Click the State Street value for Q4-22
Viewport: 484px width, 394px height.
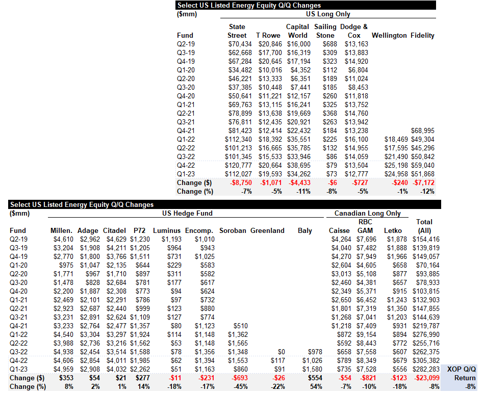click(238, 165)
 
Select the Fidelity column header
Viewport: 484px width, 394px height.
click(422, 36)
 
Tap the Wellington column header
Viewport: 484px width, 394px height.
click(389, 36)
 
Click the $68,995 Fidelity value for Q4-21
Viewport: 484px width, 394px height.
click(423, 131)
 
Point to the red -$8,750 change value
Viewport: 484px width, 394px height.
click(241, 182)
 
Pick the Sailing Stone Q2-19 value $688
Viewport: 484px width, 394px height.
click(329, 44)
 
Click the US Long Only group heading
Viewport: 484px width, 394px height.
click(328, 14)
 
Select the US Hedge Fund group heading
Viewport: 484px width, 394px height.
click(187, 214)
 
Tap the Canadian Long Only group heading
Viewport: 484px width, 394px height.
click(367, 214)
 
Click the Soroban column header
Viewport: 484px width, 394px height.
click(233, 231)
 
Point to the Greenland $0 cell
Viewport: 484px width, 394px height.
click(281, 352)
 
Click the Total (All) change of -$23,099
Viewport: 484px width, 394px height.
click(427, 378)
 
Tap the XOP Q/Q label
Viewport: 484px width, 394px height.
click(462, 370)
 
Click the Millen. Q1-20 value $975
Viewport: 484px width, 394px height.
click(66, 266)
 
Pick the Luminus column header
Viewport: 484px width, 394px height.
click(167, 231)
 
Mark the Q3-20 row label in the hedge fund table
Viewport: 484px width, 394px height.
click(18, 282)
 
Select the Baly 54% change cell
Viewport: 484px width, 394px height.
click(316, 386)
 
